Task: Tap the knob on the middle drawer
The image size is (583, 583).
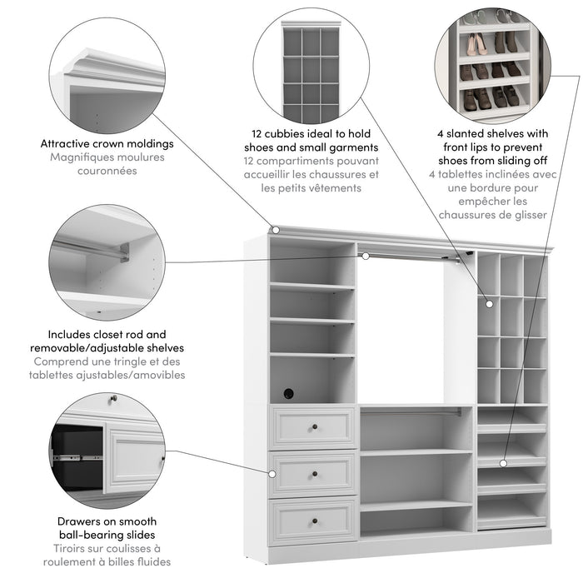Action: click(x=316, y=476)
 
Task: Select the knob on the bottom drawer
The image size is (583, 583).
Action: click(x=316, y=522)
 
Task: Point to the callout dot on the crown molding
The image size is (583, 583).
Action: click(x=274, y=229)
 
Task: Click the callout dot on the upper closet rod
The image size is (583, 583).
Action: click(x=365, y=256)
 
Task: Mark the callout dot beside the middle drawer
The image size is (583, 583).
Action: click(x=272, y=473)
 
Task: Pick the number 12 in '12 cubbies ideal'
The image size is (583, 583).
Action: click(x=259, y=132)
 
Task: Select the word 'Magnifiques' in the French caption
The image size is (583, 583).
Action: click(x=78, y=157)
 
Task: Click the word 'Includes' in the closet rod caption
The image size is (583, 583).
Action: click(x=72, y=334)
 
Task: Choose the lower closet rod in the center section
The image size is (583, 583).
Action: click(x=415, y=411)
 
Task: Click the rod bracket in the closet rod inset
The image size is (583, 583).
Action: click(x=123, y=251)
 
